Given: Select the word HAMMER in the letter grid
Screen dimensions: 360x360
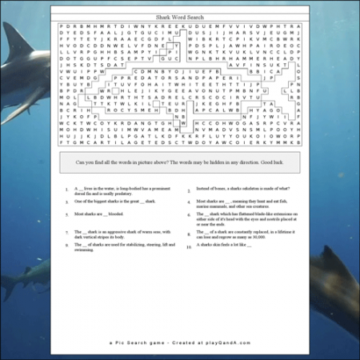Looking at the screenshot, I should click(263, 58).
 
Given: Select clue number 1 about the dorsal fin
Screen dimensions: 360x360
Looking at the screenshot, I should click(112, 192).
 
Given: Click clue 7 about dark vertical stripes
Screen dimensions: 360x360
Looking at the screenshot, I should click(112, 234).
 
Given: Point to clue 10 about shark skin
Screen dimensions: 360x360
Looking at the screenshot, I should click(232, 247).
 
